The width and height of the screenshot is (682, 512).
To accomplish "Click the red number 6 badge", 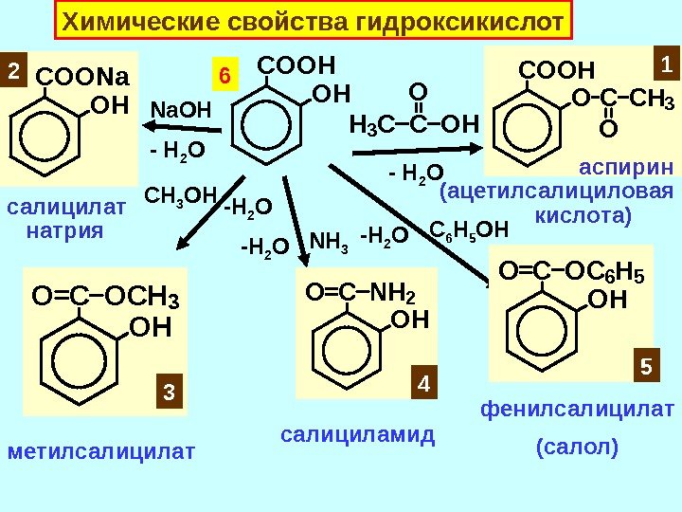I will point(225,73).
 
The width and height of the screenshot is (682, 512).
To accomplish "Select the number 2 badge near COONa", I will point(13,70).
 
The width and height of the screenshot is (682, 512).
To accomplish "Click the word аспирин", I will point(626,168).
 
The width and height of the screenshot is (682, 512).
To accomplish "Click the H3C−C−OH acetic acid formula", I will point(414,123).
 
